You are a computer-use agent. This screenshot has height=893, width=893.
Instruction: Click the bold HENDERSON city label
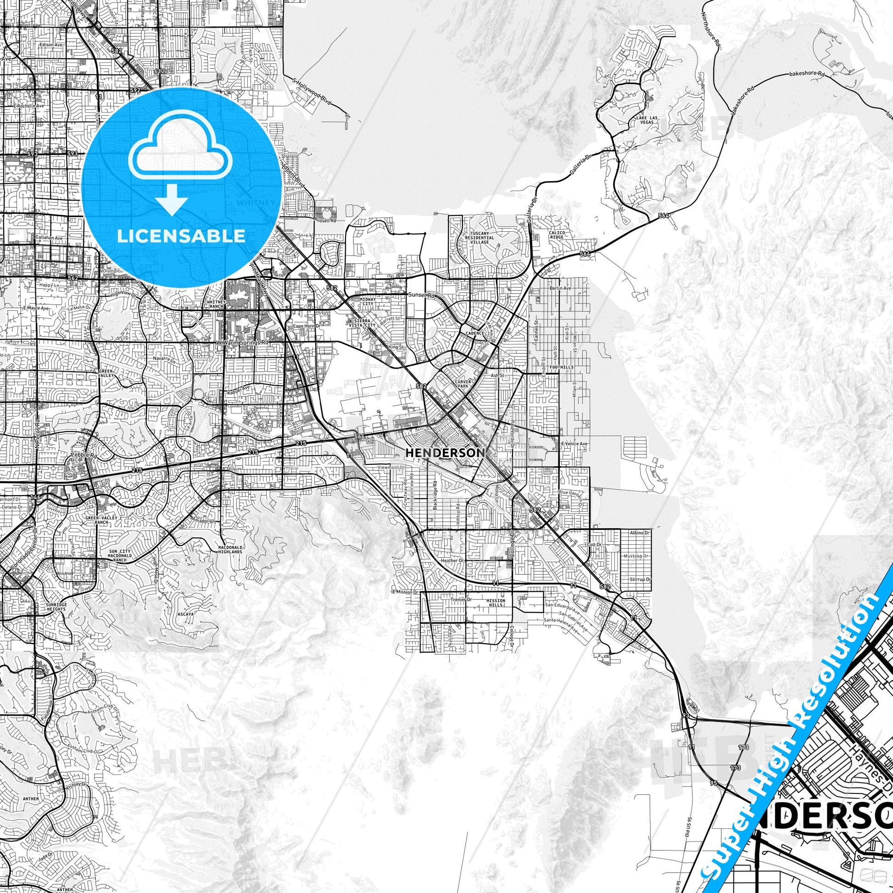coord(444,453)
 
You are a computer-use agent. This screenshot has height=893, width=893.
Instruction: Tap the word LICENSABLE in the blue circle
coord(181,236)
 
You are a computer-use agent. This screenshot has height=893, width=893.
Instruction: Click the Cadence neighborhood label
coord(474,333)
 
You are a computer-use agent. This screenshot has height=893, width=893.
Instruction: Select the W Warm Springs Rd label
coord(243,343)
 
